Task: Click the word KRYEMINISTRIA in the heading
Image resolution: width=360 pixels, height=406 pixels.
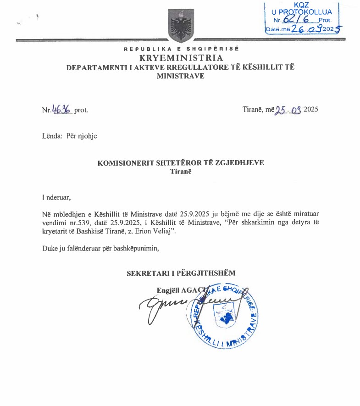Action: click(x=181, y=58)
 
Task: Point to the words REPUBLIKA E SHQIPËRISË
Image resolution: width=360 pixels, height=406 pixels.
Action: click(x=181, y=49)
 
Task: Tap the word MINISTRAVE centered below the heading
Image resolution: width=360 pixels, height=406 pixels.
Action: click(x=181, y=76)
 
